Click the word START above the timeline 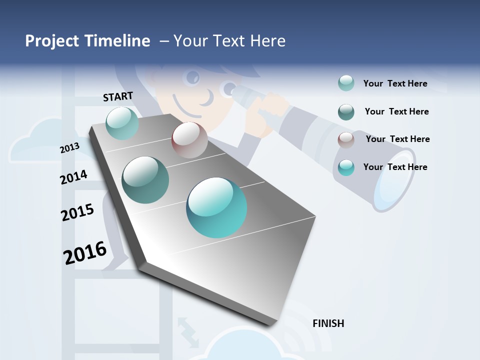coord(118,96)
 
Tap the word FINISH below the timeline coord(328,323)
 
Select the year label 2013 coord(69,147)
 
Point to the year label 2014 coord(73,177)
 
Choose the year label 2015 coord(77,212)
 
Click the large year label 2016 coord(85,252)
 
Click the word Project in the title coord(52,41)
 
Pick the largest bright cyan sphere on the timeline coord(216,207)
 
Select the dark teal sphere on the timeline coord(145,180)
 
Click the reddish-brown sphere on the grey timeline coord(189,140)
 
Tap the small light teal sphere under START coord(122,123)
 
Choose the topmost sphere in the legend coord(346,83)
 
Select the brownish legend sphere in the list coord(346,140)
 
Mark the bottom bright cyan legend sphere coord(346,167)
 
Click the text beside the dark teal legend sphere coord(396,111)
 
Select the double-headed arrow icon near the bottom coord(188,331)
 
